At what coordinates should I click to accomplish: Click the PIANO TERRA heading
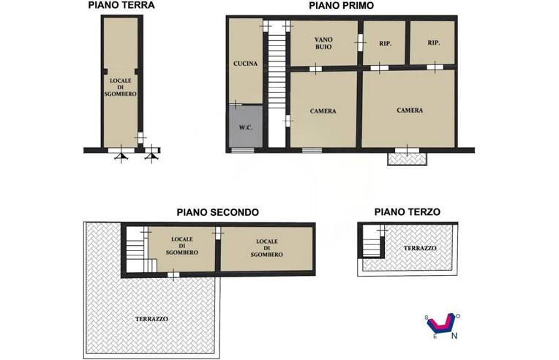coord(121,5)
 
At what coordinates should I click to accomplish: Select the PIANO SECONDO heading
coord(217,212)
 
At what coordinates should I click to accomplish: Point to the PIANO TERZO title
coord(408,212)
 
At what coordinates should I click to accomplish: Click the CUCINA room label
coord(245,64)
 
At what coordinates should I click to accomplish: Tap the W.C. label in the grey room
coord(245,129)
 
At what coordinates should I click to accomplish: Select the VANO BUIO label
coord(323,42)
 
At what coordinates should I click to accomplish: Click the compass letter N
coord(454,337)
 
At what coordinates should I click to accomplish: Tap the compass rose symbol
coord(441,324)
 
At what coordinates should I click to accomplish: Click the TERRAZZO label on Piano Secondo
coord(152,319)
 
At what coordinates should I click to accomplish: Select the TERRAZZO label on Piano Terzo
coord(420,249)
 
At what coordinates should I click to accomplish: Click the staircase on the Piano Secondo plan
coord(139,252)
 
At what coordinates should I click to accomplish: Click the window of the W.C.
coord(242,150)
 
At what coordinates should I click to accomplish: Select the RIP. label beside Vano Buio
coord(386,44)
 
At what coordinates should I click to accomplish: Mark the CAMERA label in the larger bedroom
coord(410,110)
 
